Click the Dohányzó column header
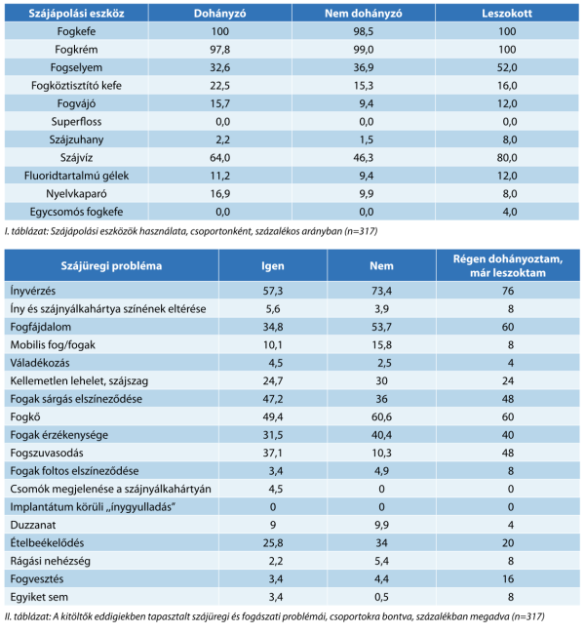pyautogui.click(x=219, y=14)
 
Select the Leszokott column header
pyautogui.click(x=507, y=14)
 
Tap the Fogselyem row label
pyautogui.click(x=76, y=67)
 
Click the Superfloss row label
pyautogui.click(x=76, y=122)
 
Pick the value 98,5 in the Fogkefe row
pyautogui.click(x=363, y=31)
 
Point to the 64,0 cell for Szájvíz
pyautogui.click(x=219, y=158)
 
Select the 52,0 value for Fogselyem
pyautogui.click(x=507, y=67)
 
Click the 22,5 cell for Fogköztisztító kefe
pyautogui.click(x=219, y=86)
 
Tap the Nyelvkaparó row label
pyautogui.click(x=76, y=194)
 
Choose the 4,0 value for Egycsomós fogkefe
pyautogui.click(x=510, y=212)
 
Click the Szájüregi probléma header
pyautogui.click(x=111, y=266)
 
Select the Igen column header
pyautogui.click(x=272, y=266)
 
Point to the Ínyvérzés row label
pyautogui.click(x=33, y=291)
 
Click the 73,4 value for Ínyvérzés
pyautogui.click(x=381, y=291)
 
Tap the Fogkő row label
pyautogui.click(x=25, y=416)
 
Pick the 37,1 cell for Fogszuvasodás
pyautogui.click(x=273, y=453)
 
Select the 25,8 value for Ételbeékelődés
pyautogui.click(x=273, y=543)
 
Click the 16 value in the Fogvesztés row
pyautogui.click(x=508, y=579)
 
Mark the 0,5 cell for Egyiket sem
pyautogui.click(x=381, y=597)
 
